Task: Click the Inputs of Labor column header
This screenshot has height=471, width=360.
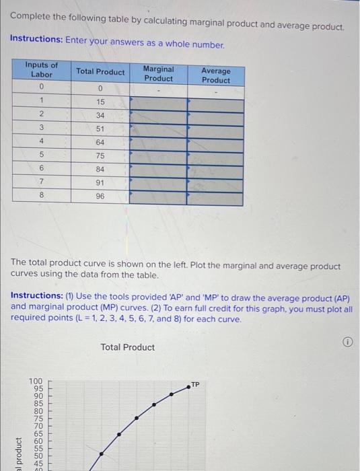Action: coord(42,69)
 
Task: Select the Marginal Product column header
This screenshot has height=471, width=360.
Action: coord(158,73)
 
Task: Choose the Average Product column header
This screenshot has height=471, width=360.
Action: coord(215,75)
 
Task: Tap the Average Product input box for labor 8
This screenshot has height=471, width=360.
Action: coord(215,198)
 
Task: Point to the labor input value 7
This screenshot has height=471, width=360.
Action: coord(42,182)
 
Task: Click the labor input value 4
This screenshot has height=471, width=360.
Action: coord(42,142)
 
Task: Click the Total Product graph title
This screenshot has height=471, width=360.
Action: coord(127,347)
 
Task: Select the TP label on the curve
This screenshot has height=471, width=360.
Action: coord(195,384)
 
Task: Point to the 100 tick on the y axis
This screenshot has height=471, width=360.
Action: coord(35,382)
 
